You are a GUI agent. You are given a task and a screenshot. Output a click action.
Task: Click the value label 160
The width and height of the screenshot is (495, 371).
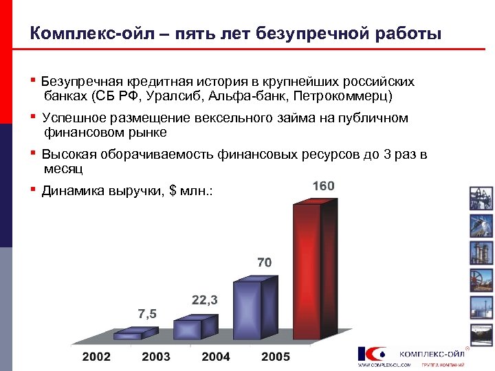(323, 186)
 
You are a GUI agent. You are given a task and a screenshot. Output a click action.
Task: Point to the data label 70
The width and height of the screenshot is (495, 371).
(264, 262)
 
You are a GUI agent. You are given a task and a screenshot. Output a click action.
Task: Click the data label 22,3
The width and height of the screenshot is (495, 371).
(205, 300)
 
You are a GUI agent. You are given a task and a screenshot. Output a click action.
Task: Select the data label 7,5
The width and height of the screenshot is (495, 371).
(147, 314)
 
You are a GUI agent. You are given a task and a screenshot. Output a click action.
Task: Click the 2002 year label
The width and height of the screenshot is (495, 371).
(96, 357)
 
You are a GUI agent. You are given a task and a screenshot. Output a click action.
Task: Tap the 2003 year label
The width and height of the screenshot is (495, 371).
(156, 357)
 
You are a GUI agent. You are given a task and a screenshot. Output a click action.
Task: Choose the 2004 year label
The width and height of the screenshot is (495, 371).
(216, 357)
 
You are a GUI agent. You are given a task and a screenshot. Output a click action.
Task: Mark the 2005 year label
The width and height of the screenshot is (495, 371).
(276, 357)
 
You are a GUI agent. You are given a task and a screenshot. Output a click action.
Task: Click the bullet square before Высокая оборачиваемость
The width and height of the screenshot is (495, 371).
(34, 153)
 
